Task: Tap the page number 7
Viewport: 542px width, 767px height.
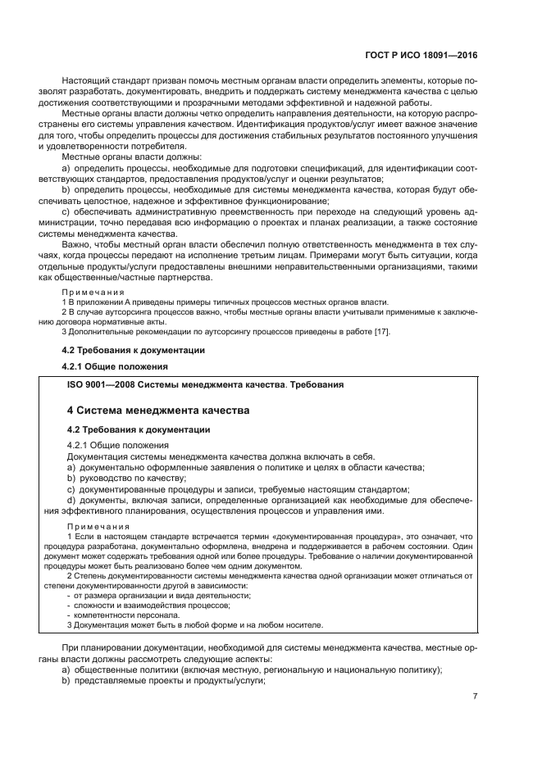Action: point(475,696)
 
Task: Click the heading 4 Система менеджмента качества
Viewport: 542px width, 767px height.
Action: point(157,410)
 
